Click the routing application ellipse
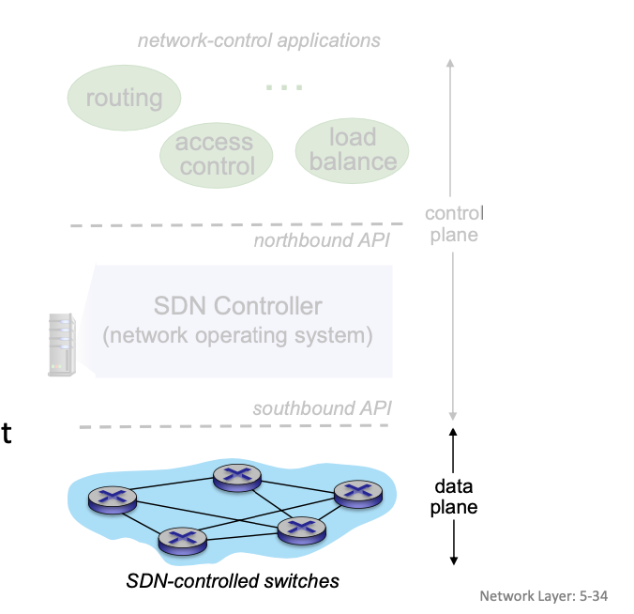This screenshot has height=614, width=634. [x=124, y=98]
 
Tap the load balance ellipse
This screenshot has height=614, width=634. [x=353, y=149]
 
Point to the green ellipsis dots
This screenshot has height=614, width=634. [x=284, y=87]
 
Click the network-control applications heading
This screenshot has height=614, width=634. [x=259, y=40]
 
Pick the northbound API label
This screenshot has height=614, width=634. [x=322, y=240]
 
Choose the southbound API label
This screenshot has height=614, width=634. [x=321, y=408]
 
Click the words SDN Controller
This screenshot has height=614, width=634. [x=237, y=306]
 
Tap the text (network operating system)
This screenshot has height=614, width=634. [x=237, y=334]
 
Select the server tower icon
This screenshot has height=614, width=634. [x=61, y=345]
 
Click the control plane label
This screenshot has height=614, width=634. [x=454, y=223]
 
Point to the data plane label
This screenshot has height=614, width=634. [x=454, y=497]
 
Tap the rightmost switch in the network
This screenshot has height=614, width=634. [x=358, y=492]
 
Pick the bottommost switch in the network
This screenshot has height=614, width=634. [x=181, y=539]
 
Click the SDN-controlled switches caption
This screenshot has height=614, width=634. [x=233, y=581]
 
